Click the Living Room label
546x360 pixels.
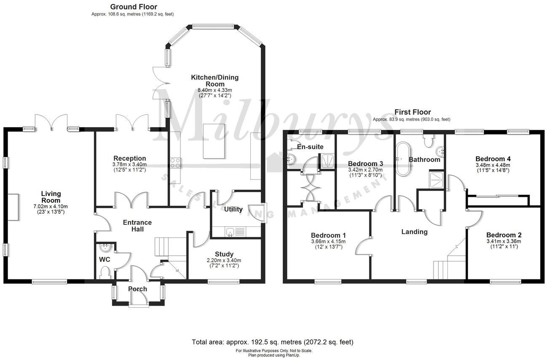51,197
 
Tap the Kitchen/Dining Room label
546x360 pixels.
215,81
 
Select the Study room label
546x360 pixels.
224,254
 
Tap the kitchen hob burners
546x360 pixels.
175,162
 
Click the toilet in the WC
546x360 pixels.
105,274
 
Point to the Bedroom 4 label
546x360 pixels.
493,159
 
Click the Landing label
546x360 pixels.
414,231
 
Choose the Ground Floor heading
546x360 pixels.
133,7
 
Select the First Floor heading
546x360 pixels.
412,112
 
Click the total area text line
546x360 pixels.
273,342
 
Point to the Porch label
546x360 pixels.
137,289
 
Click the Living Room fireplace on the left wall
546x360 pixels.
13,207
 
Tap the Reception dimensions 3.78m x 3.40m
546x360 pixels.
129,164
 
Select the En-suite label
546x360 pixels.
310,147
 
